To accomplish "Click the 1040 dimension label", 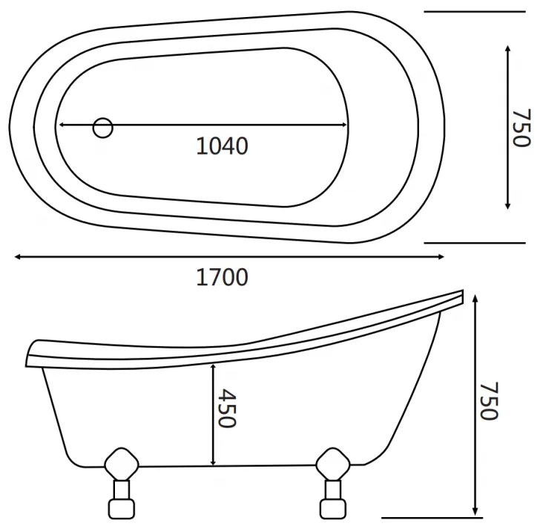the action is tap(222, 146).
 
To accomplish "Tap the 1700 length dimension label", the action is tap(222, 277).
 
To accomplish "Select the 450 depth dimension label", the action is tap(227, 409).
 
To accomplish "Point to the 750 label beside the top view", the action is tap(521, 128).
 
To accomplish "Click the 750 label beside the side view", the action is tap(489, 400).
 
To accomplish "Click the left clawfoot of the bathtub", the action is tap(121, 483).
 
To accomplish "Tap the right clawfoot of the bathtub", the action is tap(332, 483).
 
